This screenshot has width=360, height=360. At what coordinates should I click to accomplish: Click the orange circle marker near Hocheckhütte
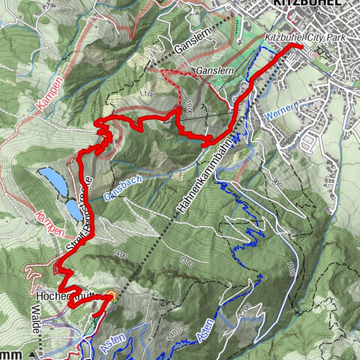point(112,297)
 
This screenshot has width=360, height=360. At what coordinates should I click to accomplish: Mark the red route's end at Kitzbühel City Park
point(301,46)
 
